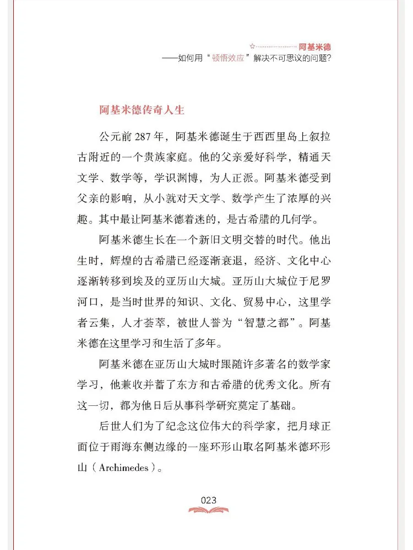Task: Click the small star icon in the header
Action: point(252,47)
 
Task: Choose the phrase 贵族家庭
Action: point(186,158)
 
